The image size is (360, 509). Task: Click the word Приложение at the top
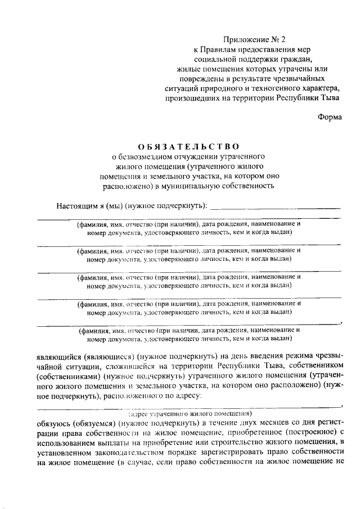[244, 39]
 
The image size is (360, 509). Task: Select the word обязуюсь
[55, 422]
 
